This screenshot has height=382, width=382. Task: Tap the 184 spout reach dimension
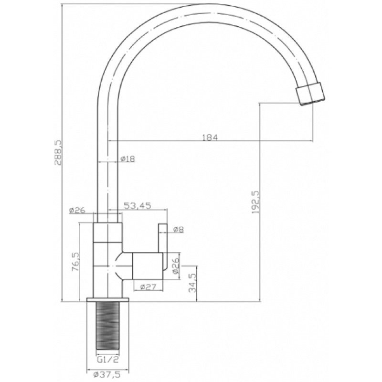coord(210,138)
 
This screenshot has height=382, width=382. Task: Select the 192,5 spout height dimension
coord(255,202)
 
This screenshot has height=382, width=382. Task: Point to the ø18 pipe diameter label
coord(127,159)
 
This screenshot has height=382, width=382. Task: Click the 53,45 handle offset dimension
coord(138,206)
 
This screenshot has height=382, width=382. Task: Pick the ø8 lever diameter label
coord(178,229)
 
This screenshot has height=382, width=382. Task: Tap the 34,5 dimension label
coord(192,282)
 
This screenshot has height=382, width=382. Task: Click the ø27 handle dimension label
coord(148,287)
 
